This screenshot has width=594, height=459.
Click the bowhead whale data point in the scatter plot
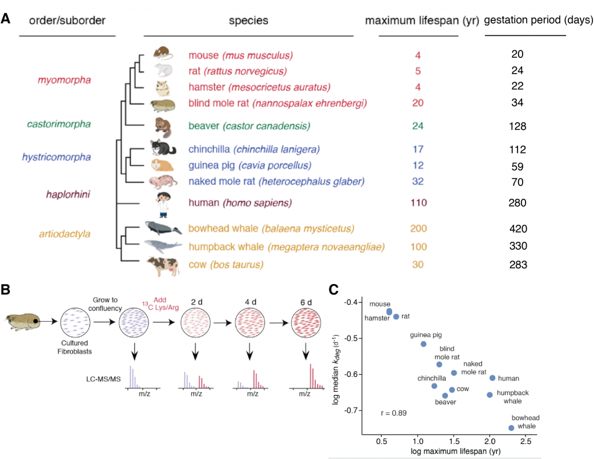511,428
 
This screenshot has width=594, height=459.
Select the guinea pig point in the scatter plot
423,344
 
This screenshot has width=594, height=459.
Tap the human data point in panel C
492,378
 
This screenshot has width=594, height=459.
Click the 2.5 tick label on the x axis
526,441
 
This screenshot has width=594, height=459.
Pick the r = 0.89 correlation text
394,413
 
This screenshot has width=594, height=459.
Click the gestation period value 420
519,228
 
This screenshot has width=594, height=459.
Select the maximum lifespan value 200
418,228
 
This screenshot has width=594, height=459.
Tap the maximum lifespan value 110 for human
418,203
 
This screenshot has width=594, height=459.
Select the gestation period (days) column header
538,20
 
